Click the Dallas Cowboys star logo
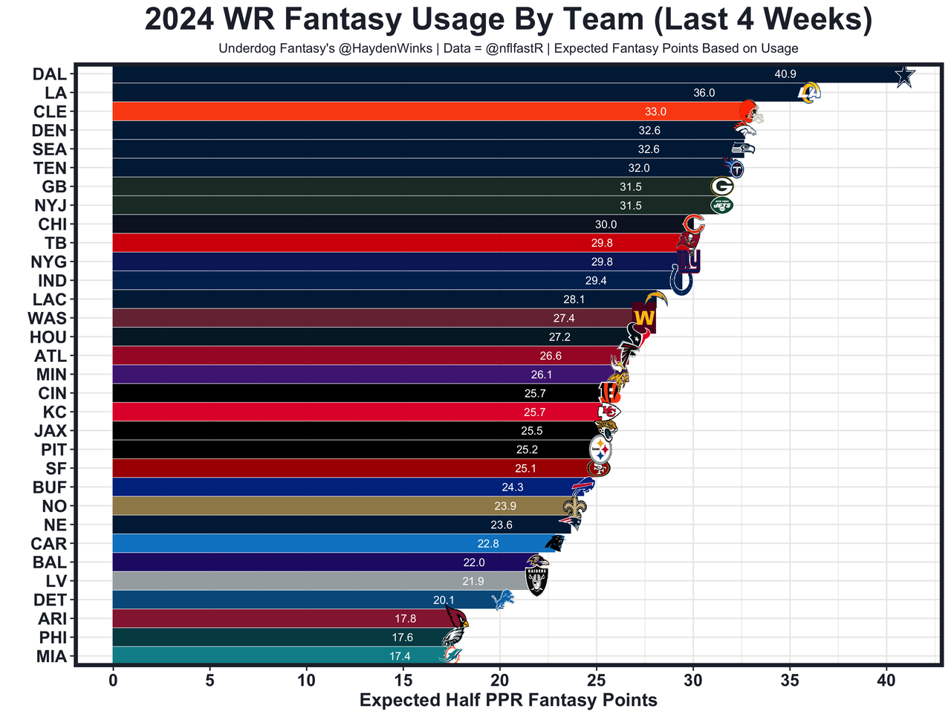[x=903, y=76]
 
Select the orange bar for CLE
[x=371, y=111]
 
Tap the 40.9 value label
[x=785, y=74]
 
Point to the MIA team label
[x=51, y=657]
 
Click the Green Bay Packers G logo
[x=721, y=186]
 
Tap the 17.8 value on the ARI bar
[x=405, y=619]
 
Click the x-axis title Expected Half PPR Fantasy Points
[x=508, y=700]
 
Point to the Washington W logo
[x=643, y=318]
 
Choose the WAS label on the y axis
[x=47, y=319]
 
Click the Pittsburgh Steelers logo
[x=600, y=450]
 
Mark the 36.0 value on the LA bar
[x=704, y=93]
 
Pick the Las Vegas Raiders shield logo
[x=536, y=578]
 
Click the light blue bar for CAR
[x=297, y=544]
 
